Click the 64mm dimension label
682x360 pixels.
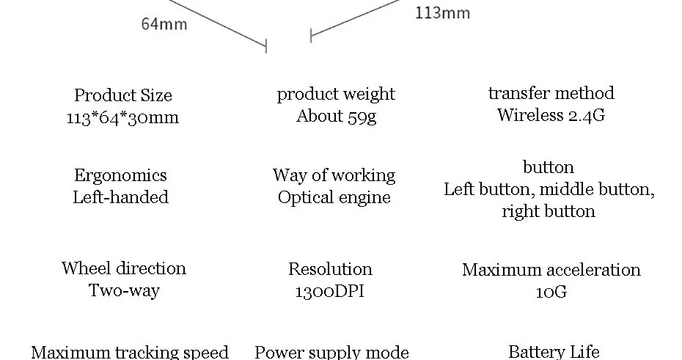coord(164,24)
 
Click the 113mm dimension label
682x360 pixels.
coord(442,12)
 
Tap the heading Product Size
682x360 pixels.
coord(123,95)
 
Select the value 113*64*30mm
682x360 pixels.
coord(122,117)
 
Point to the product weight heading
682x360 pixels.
coord(336,94)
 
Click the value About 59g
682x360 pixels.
coord(336,116)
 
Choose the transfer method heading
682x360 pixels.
coord(551,93)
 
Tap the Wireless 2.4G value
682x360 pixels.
coord(551,115)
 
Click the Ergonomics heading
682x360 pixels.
coord(120,175)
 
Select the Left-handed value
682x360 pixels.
coord(120,197)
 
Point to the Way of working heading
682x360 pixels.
coord(334,175)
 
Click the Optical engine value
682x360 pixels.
coord(334,197)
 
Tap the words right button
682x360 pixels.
coord(549,212)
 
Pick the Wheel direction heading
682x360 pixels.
coord(124,268)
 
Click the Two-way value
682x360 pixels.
coord(124,290)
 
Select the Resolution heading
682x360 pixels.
coord(330,269)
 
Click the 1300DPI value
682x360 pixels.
coord(329,291)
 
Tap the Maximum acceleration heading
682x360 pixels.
coord(551,270)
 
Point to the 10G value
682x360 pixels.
coord(551,292)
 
